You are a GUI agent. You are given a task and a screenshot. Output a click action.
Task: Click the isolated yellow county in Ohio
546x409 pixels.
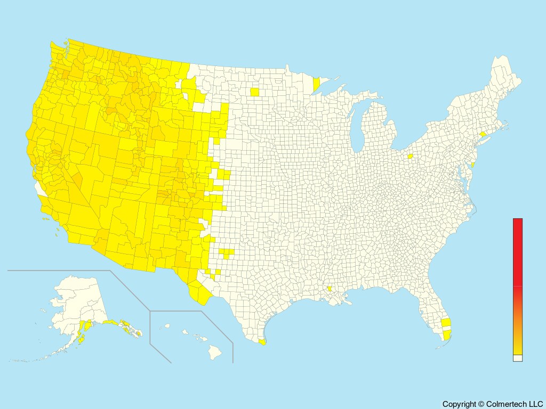tap(410, 157)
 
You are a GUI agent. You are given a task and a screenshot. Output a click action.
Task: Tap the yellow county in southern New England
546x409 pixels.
tap(482, 135)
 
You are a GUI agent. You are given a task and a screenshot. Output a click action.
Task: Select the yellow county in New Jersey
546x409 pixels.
tap(473, 165)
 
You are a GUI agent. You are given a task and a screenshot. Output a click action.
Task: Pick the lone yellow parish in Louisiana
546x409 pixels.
tap(330, 289)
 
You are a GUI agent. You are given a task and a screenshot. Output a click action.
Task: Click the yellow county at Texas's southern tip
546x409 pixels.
tap(261, 342)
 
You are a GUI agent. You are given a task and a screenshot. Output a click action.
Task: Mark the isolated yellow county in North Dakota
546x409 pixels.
tap(254, 92)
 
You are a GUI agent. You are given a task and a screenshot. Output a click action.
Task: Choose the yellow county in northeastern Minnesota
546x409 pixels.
tap(316, 84)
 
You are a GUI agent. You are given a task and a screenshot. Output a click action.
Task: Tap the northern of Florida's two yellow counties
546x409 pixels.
tap(446, 322)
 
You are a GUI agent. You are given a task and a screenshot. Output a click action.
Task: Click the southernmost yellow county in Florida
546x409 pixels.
tap(447, 335)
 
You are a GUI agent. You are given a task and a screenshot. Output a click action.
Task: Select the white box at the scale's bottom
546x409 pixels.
tap(518, 358)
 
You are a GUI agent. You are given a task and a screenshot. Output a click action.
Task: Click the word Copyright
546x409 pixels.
tap(459, 404)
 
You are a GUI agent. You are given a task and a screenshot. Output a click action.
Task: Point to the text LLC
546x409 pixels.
tap(535, 404)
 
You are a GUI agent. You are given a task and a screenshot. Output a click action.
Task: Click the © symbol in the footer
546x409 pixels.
tap(481, 404)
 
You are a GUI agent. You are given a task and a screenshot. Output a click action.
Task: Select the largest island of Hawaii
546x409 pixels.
tap(214, 351)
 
